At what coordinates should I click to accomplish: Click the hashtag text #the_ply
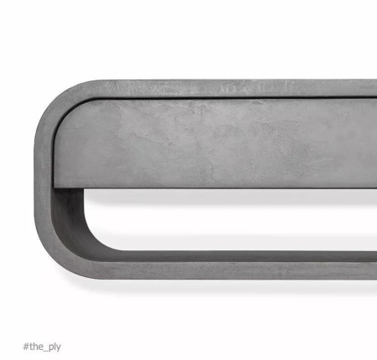tap(42, 347)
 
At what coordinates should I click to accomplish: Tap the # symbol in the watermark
tap(26, 347)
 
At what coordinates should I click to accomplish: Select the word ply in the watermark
tap(54, 347)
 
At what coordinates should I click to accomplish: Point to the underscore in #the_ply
tap(45, 351)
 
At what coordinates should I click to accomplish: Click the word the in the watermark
tap(36, 347)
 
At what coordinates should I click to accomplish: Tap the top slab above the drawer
tap(224, 89)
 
